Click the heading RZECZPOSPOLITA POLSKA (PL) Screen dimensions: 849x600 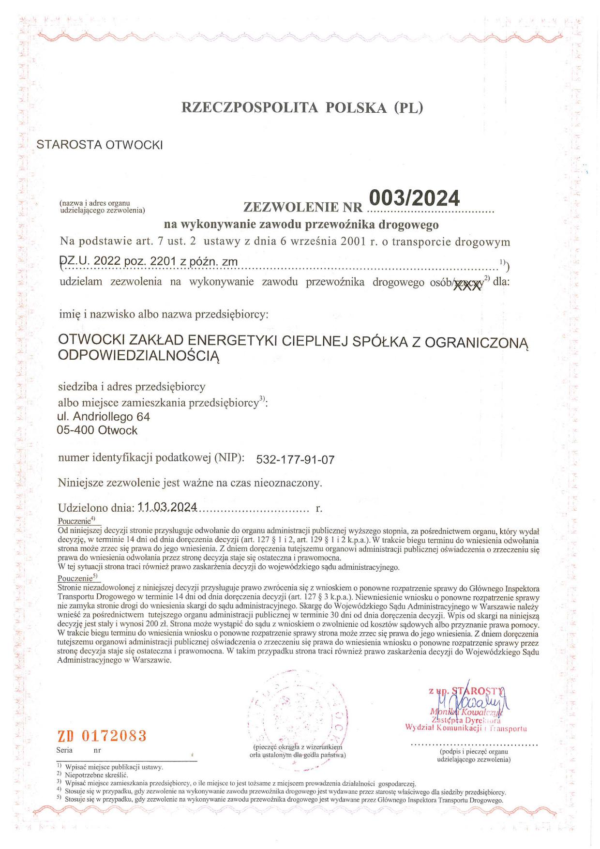(x=302, y=107)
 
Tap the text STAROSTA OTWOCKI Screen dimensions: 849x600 (x=100, y=145)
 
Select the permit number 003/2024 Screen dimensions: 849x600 (x=414, y=198)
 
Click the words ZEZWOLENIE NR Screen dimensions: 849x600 (x=303, y=208)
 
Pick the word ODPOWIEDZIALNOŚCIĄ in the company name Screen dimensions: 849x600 (x=139, y=356)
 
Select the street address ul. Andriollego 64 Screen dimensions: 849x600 (x=104, y=416)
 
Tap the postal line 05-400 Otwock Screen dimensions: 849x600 (x=97, y=430)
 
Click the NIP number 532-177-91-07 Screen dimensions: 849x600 (x=295, y=459)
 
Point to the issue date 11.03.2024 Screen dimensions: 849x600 (x=167, y=507)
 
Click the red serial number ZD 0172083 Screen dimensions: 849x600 (x=102, y=736)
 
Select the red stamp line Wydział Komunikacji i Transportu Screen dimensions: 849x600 (x=465, y=728)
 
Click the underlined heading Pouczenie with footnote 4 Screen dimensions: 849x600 (x=75, y=521)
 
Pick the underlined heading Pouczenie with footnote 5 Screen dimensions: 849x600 (x=75, y=578)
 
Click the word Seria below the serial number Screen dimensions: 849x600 (x=64, y=750)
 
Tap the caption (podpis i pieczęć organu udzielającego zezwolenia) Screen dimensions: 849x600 (x=474, y=756)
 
